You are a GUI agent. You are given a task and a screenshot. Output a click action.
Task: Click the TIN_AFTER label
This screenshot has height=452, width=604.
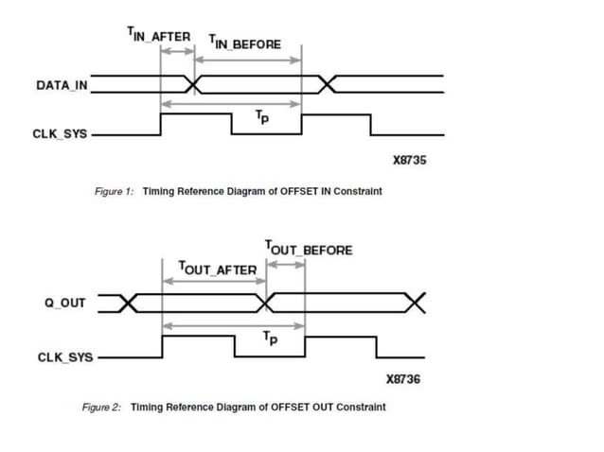[158, 35]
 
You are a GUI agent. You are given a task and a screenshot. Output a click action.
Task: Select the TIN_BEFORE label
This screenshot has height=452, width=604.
[244, 43]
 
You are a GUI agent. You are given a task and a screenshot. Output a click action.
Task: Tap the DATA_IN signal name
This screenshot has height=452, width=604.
[62, 85]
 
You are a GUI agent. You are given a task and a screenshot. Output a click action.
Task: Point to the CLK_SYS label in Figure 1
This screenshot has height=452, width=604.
[60, 133]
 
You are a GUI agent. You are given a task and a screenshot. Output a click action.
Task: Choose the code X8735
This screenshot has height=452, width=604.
[409, 160]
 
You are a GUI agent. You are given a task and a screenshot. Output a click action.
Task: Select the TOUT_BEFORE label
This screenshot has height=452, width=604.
[309, 249]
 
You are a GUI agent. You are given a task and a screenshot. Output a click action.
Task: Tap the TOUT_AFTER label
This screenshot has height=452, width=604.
[217, 269]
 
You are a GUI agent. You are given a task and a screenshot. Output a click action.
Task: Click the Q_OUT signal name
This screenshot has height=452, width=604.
[65, 303]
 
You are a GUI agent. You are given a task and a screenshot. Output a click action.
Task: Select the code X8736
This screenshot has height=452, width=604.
[404, 379]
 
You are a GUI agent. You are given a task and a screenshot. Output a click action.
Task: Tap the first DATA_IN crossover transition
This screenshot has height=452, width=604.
[195, 85]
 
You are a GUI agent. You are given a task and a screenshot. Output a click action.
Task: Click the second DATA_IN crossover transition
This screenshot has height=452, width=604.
[328, 85]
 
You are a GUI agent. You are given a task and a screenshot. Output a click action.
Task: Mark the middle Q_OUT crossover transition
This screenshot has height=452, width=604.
[268, 303]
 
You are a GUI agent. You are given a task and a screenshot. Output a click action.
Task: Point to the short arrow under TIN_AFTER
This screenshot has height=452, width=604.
[177, 51]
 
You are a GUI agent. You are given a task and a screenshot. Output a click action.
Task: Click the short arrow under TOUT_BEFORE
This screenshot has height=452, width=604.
[286, 263]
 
